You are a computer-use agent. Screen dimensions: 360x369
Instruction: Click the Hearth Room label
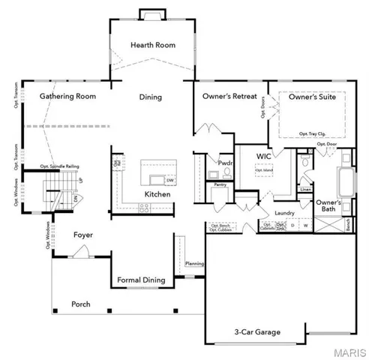tap(153, 45)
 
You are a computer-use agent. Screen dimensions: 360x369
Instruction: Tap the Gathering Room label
tap(68, 97)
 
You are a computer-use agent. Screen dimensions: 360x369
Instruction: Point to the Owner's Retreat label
tap(230, 97)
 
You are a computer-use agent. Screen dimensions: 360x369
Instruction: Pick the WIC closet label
tap(263, 156)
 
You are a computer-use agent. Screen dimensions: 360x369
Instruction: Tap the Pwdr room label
tap(226, 162)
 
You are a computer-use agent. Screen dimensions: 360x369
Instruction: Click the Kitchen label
tap(157, 195)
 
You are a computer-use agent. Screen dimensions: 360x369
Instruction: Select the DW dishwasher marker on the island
tap(170, 180)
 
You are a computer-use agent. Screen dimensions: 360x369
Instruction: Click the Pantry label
tap(220, 184)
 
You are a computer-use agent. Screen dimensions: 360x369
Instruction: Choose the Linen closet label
tap(305, 190)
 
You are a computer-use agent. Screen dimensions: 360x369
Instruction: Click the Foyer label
tap(82, 235)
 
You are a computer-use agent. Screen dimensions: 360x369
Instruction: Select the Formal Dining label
tap(141, 280)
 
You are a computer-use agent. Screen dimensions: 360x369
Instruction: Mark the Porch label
tap(81, 304)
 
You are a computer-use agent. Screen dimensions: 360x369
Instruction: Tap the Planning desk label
tap(195, 264)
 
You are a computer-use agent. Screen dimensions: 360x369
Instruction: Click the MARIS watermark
tap(351, 352)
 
